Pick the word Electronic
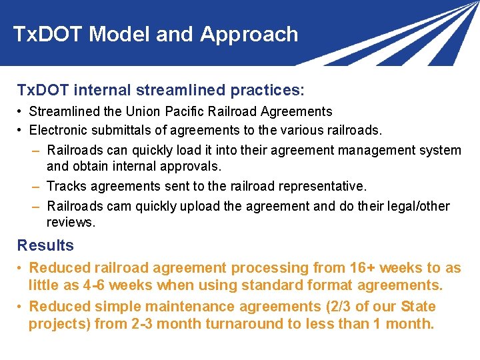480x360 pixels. point(59,130)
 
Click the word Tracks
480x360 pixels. point(66,186)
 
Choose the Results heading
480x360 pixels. point(45,245)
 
